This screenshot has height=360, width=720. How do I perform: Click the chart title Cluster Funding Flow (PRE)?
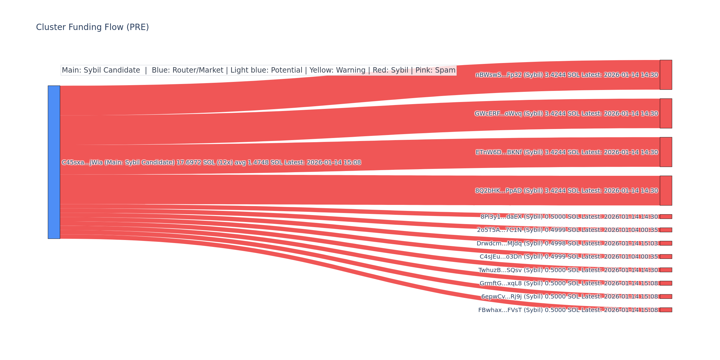click(92, 27)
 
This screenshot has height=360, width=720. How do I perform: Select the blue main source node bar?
click(54, 162)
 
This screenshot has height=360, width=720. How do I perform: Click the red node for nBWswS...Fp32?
click(666, 75)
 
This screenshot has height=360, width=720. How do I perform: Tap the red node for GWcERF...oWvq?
click(666, 113)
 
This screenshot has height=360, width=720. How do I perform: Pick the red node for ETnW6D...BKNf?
click(666, 152)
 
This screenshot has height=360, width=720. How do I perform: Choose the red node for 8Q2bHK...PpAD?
click(666, 190)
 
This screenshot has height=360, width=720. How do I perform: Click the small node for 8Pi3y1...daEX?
click(666, 217)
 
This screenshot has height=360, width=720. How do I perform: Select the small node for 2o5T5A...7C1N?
click(666, 230)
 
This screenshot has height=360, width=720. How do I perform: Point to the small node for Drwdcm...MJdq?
click(666, 243)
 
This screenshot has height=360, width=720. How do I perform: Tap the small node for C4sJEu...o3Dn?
click(666, 256)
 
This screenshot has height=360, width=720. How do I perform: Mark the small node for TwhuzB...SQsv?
click(666, 270)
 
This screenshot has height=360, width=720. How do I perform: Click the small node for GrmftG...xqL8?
click(666, 283)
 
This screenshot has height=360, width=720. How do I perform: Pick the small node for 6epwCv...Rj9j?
click(666, 296)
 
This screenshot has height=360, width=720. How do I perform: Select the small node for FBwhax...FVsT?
click(666, 310)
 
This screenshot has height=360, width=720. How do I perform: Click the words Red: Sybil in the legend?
click(390, 70)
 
